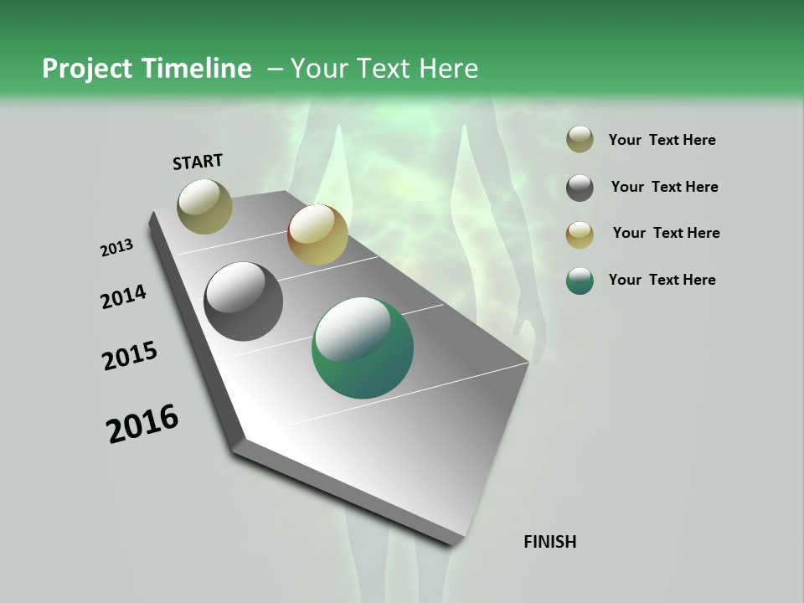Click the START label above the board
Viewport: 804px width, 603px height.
[x=198, y=162]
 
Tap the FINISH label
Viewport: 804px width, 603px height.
[x=550, y=542]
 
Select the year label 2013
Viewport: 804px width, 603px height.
[x=117, y=248]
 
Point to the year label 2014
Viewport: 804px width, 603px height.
[x=124, y=297]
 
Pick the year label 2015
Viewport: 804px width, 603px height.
[x=130, y=356]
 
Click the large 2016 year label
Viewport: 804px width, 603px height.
[x=142, y=424]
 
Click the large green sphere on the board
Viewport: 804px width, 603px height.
[x=363, y=348]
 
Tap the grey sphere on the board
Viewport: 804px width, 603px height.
[x=243, y=301]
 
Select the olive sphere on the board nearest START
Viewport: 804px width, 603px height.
[x=204, y=206]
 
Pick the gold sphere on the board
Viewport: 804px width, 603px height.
[x=317, y=234]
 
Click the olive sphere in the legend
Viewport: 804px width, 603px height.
[x=580, y=140]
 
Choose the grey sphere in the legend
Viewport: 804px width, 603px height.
[x=580, y=188]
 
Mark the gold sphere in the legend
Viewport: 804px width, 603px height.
[x=580, y=234]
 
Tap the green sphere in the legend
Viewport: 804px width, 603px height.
[x=580, y=281]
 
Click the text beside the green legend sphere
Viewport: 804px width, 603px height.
[x=662, y=280]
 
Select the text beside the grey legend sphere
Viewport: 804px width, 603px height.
[x=664, y=187]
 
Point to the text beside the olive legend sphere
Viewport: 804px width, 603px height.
[x=662, y=140]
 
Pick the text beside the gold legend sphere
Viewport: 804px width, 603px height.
[x=666, y=233]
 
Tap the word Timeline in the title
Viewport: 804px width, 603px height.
[x=197, y=69]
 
